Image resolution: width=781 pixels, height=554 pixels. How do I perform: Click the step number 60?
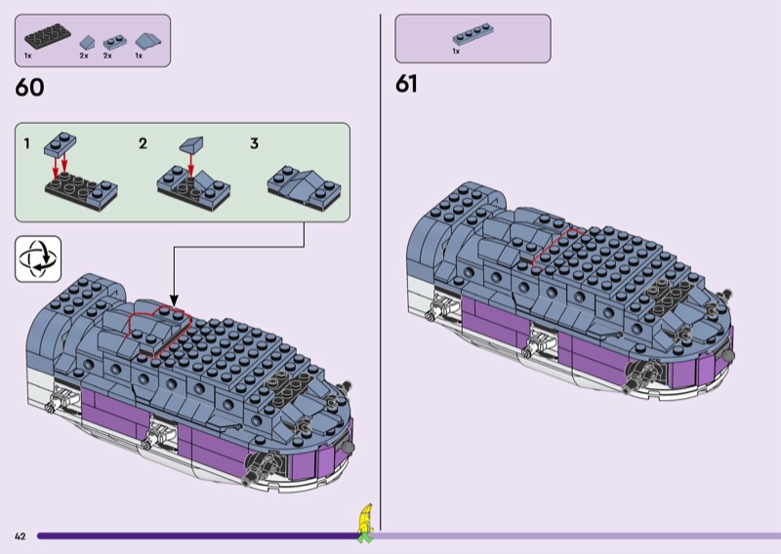click(x=29, y=88)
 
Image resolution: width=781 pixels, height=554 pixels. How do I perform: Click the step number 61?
click(x=406, y=84)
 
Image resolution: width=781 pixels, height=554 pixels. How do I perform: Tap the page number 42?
click(x=20, y=536)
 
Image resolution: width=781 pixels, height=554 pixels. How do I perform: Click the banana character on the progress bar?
click(x=365, y=523)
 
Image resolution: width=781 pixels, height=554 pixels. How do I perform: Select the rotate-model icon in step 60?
click(x=38, y=258)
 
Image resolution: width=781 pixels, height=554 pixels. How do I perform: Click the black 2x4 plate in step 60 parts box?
click(x=47, y=36)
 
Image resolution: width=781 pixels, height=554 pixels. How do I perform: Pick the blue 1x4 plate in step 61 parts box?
click(x=473, y=34)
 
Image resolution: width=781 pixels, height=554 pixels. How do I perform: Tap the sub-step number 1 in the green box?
click(x=27, y=143)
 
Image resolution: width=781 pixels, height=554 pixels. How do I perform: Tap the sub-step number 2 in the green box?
click(x=143, y=143)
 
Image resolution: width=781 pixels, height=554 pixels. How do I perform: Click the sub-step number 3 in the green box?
click(x=254, y=143)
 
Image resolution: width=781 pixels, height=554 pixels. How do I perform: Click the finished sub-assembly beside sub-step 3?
click(x=305, y=187)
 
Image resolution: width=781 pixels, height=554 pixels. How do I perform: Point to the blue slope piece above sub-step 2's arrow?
click(x=191, y=144)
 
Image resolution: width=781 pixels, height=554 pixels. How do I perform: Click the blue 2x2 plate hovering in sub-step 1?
click(x=61, y=143)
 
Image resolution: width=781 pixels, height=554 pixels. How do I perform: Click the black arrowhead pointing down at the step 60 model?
click(x=174, y=300)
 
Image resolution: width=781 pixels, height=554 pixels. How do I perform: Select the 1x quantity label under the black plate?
click(x=28, y=56)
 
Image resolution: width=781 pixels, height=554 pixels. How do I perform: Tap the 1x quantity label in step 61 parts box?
click(x=456, y=52)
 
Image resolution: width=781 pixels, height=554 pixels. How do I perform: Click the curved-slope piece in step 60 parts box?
click(x=148, y=41)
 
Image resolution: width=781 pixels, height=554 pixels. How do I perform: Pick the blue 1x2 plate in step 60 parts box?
click(x=114, y=42)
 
